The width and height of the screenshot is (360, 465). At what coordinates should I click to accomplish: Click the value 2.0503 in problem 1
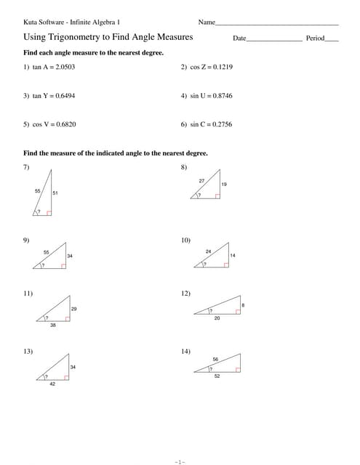[x=65, y=67]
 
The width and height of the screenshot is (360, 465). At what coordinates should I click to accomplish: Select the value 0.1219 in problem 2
[x=222, y=67]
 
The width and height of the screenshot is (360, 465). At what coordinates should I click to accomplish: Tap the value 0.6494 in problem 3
[x=65, y=95]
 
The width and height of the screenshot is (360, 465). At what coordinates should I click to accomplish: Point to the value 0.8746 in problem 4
[x=222, y=95]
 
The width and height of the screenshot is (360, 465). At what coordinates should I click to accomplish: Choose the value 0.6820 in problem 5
[x=65, y=124]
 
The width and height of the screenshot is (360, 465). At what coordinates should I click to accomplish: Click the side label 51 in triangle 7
[x=55, y=193]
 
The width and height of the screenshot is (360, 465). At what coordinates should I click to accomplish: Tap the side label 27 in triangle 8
[x=201, y=179]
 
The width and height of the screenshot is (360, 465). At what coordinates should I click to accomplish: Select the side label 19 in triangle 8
[x=224, y=185]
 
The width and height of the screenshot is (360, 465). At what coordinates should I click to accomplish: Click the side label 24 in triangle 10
[x=208, y=251]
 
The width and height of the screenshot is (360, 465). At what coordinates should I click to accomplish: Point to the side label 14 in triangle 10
[x=233, y=256]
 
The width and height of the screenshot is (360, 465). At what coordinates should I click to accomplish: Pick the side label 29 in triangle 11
[x=74, y=310]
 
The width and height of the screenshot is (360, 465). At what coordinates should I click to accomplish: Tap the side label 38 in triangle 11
[x=52, y=325]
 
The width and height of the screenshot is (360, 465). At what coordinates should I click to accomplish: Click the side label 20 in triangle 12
[x=217, y=318]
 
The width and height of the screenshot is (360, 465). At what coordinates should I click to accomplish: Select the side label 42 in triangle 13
[x=52, y=384]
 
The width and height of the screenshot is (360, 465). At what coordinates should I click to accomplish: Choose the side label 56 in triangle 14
[x=215, y=360]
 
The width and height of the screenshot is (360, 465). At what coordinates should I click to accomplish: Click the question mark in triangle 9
[x=43, y=265]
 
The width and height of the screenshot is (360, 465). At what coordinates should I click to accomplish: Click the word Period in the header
[x=315, y=38]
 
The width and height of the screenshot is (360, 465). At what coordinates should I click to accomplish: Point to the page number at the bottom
[x=180, y=461]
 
